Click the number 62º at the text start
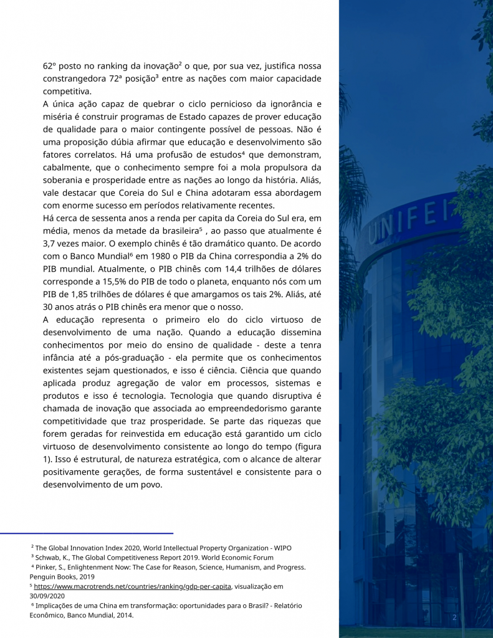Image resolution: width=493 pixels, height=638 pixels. [50, 65]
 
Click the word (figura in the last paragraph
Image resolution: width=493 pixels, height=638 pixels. [305, 448]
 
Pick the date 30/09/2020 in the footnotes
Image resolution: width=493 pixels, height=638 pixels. [50, 596]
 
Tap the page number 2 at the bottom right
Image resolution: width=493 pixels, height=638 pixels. [454, 617]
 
